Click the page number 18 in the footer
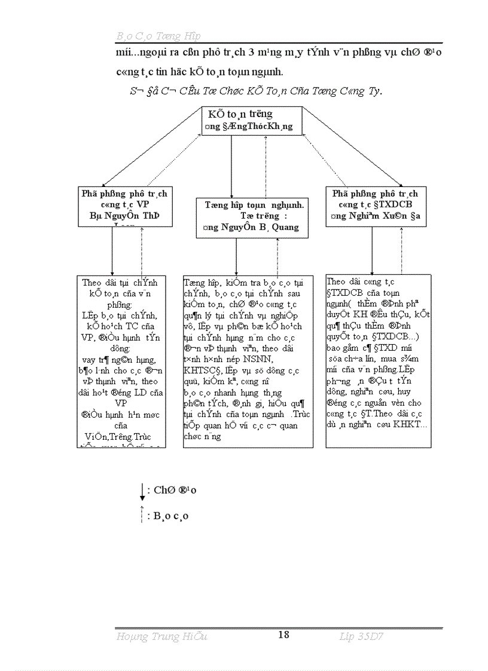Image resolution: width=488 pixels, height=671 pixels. tap(283, 635)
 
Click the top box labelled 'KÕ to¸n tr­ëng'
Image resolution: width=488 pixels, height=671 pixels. tap(251, 120)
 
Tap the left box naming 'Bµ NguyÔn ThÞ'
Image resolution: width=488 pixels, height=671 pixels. tap(126, 206)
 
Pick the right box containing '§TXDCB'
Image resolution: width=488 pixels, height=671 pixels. tap(376, 206)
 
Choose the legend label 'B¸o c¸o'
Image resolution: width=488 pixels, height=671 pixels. tap(171, 516)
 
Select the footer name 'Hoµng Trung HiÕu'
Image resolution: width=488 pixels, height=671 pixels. tap(161, 637)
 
